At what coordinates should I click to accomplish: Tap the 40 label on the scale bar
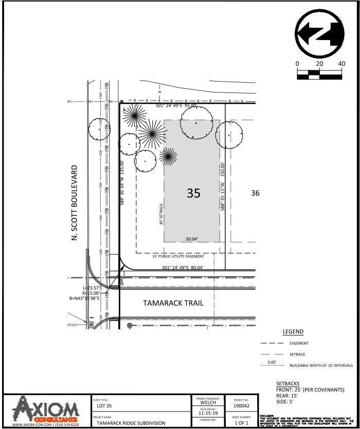[x=341, y=64]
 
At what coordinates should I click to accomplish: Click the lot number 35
[x=193, y=193]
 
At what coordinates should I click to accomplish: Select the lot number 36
[x=255, y=193]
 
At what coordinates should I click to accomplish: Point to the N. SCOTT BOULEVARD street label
[x=75, y=202]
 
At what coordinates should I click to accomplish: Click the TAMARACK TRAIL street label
[x=173, y=303]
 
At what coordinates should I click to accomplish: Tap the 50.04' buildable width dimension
[x=191, y=239]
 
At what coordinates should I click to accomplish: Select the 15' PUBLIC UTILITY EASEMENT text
[x=178, y=256]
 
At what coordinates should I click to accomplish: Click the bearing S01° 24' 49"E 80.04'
[x=183, y=268]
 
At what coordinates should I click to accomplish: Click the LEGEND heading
[x=293, y=332]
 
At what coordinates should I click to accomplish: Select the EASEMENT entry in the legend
[x=299, y=343]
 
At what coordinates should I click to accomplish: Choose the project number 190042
[x=241, y=406]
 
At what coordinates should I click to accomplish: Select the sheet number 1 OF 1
[x=241, y=423]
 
